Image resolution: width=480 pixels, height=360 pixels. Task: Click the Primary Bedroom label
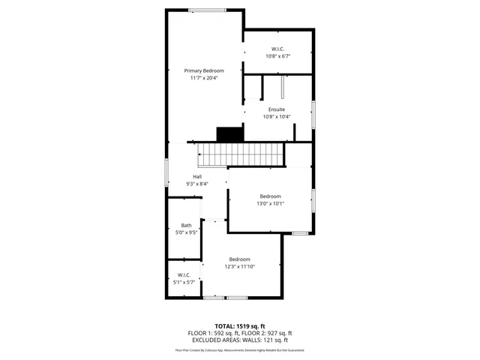(204, 70)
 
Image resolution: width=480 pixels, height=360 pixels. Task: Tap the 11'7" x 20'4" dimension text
(204, 77)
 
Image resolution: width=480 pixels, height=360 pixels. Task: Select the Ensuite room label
(277, 109)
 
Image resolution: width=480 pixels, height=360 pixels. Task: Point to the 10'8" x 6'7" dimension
(277, 56)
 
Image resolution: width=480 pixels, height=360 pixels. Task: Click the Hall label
(197, 177)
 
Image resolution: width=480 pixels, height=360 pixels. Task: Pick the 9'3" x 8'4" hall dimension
(197, 184)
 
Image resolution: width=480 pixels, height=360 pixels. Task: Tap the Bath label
(186, 226)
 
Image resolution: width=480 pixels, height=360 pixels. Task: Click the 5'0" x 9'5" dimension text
(186, 232)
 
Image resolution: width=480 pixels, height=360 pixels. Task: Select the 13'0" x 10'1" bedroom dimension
(271, 203)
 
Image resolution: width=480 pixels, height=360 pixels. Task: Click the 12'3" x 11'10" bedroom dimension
(240, 266)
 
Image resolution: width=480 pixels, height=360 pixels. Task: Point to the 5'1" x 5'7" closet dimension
(184, 282)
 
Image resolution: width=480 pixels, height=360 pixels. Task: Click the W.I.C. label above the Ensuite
(277, 49)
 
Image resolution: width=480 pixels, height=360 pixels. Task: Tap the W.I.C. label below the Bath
(184, 275)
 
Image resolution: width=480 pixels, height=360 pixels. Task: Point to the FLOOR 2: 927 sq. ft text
(267, 334)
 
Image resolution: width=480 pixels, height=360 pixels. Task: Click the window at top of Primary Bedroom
(207, 10)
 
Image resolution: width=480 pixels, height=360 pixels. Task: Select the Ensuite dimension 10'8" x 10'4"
(277, 116)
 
